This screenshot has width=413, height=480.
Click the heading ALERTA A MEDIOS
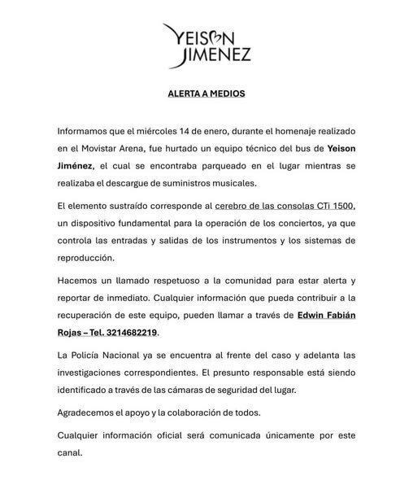point(206,94)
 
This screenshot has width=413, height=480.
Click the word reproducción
point(90,259)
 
